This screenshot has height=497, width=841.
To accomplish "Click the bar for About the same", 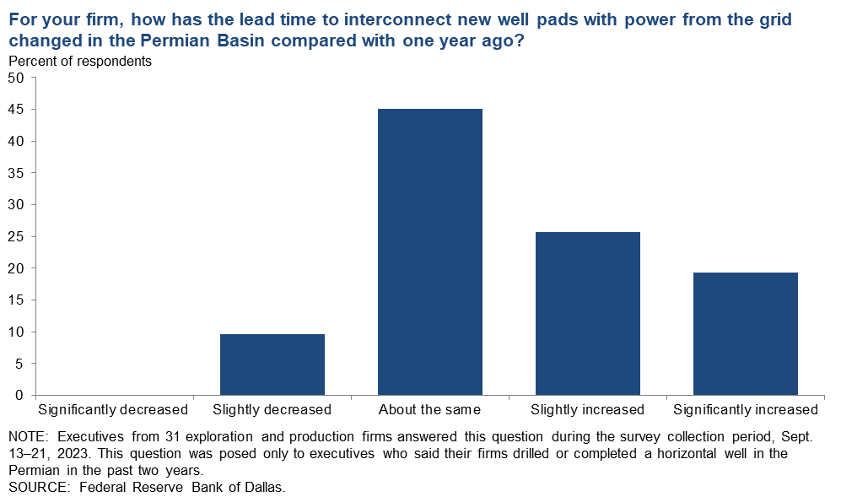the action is coord(430,252).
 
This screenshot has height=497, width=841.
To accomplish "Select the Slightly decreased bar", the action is coord(272,365).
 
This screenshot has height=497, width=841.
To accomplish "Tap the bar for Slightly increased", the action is coord(588,314).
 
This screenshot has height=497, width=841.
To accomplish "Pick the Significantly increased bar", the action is coord(746,334).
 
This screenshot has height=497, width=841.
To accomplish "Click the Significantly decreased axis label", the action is coord(113,410).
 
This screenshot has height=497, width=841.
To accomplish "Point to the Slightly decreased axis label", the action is coord(272,410).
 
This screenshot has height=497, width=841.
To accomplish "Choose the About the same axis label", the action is coord(429,410).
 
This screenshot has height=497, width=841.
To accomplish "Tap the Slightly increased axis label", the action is coord(587,410).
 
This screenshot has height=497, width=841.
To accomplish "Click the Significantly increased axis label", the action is coord(746,410).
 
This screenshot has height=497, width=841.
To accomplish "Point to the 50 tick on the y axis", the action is coord(17,78).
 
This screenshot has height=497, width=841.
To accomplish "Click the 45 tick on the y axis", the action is coord(17,110).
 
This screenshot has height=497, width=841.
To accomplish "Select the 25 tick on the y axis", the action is coord(17,237).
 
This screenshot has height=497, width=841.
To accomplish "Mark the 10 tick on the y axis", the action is coord(17,332).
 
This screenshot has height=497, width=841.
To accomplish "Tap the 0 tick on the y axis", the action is coord(20,396).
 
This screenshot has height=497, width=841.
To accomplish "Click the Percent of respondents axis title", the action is coord(80,62).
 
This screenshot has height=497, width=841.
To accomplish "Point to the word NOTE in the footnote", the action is coord(29,437).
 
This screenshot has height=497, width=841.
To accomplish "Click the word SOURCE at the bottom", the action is coord(39,488).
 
